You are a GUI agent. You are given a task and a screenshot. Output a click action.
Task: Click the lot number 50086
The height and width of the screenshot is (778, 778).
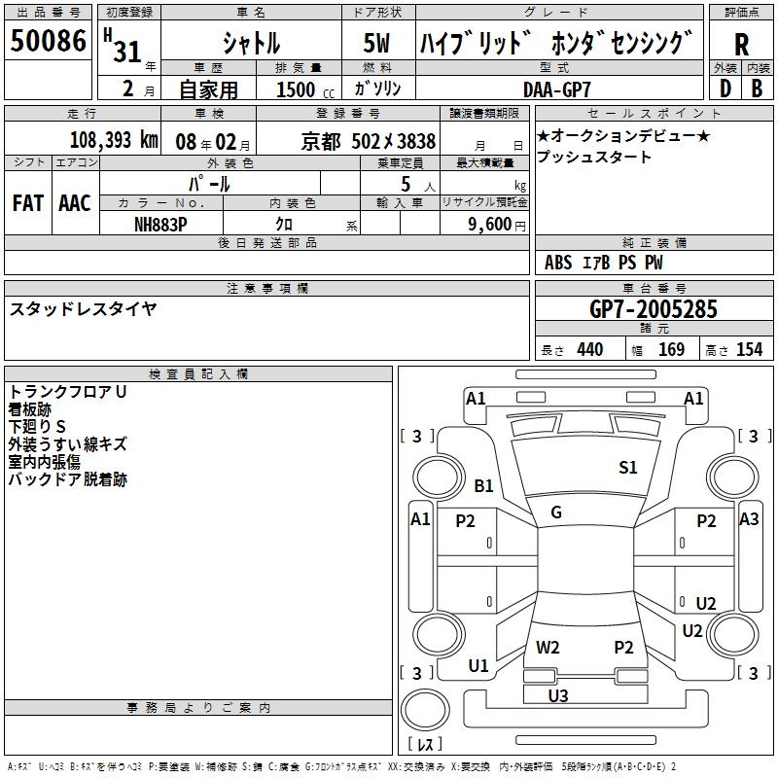coord(49,43)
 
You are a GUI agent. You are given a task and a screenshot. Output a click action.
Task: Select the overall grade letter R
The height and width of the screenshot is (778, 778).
coord(741,44)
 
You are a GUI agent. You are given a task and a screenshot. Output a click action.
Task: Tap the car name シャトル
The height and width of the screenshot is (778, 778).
coord(251,44)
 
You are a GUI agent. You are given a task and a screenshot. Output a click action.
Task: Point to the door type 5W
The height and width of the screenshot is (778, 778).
coord(378,44)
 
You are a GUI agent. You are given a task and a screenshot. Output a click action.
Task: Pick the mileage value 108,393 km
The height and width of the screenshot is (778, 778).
coord(114,140)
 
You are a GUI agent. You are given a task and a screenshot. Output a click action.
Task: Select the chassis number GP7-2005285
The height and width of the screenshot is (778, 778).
coord(653,310)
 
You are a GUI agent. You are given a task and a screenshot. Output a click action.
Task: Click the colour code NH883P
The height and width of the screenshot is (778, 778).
coord(160,223)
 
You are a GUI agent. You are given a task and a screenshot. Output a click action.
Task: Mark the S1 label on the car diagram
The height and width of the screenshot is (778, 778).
coord(628,468)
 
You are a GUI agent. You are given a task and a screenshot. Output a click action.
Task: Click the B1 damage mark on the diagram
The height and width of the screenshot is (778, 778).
coord(483,485)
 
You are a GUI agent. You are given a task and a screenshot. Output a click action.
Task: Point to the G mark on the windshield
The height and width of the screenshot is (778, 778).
coord(556,513)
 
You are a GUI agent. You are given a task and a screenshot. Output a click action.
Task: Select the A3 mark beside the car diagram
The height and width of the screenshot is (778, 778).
coord(749,519)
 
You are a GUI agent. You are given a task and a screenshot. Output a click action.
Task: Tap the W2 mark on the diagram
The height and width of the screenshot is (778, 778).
coord(548,647)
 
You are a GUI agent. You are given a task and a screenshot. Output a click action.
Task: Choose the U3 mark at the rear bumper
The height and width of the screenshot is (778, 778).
coord(558,695)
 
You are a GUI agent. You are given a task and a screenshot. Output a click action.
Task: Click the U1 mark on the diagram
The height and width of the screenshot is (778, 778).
coord(478,665)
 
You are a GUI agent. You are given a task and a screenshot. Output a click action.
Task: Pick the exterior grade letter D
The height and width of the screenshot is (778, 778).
coord(724,88)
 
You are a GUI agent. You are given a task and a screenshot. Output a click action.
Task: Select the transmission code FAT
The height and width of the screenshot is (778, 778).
coord(28,202)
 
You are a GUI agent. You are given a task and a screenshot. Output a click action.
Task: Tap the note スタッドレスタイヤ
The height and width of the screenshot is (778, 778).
coord(84,308)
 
